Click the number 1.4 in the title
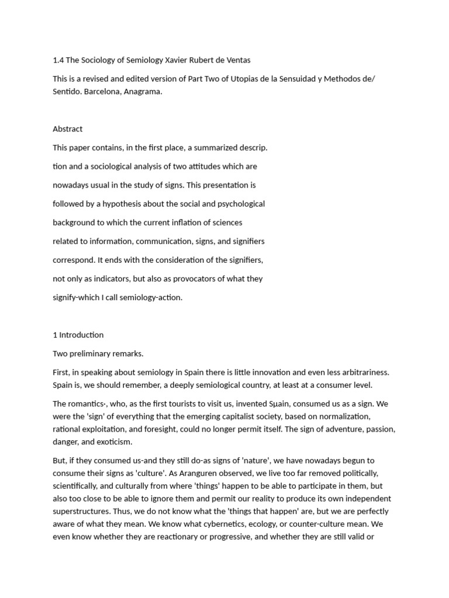point(58,60)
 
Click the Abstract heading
point(68,129)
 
